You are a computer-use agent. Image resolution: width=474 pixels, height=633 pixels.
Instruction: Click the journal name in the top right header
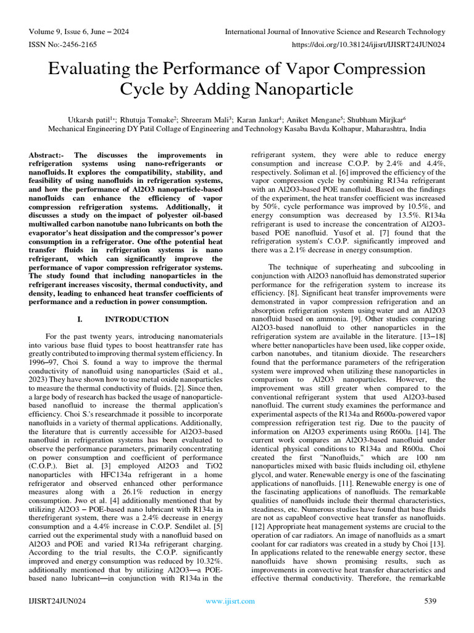(335, 32)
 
